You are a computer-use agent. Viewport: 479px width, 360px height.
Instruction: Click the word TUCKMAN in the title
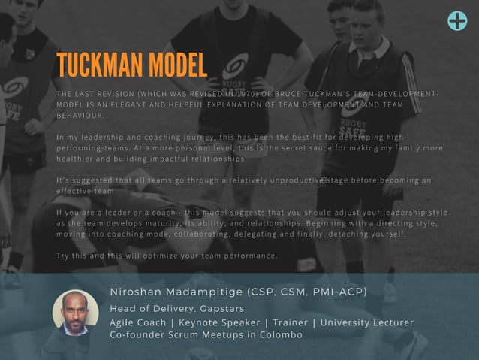pyautogui.click(x=100, y=66)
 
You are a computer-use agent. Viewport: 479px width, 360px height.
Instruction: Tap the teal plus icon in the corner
pyautogui.click(x=456, y=20)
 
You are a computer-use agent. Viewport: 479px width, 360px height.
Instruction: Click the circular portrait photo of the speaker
pyautogui.click(x=75, y=313)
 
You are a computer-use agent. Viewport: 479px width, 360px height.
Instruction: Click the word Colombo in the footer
pyautogui.click(x=277, y=334)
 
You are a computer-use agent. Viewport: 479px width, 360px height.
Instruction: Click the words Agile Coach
pyautogui.click(x=139, y=322)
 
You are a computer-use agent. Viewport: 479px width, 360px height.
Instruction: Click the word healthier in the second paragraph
pyautogui.click(x=77, y=159)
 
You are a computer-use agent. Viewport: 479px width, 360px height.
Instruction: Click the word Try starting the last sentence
pyautogui.click(x=64, y=256)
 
